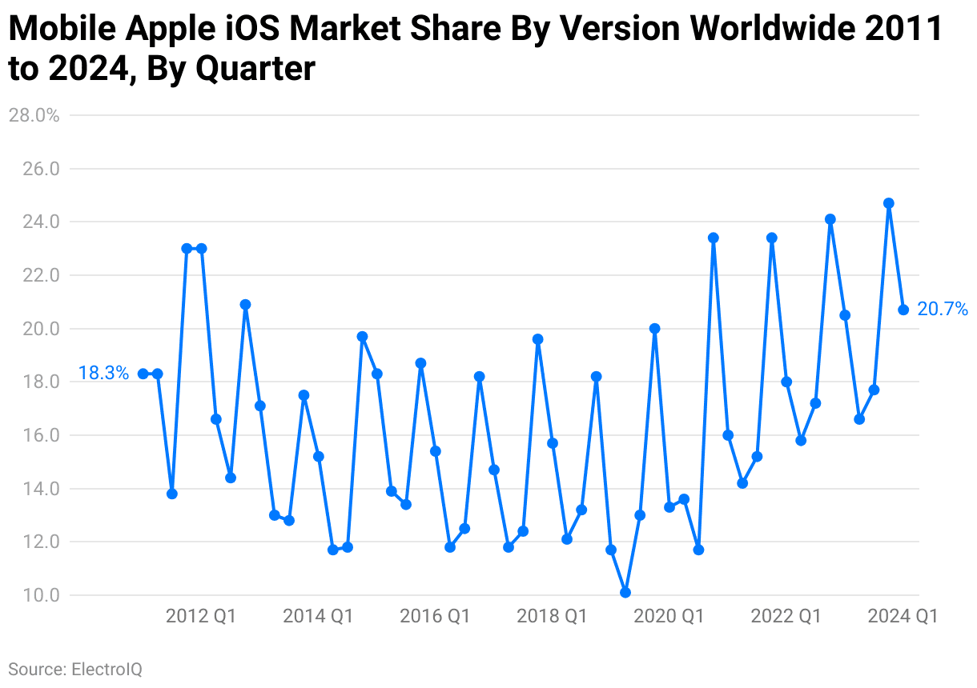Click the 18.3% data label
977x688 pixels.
click(x=103, y=373)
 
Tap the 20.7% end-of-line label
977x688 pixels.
click(x=943, y=309)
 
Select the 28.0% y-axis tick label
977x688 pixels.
click(x=34, y=115)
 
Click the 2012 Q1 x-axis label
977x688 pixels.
click(x=201, y=616)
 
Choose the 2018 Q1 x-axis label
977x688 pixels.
click(x=552, y=616)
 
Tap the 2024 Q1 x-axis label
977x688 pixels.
click(x=903, y=616)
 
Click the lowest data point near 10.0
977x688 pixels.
click(x=625, y=593)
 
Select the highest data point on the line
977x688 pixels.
click(x=889, y=203)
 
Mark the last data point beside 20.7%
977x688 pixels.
click(x=903, y=310)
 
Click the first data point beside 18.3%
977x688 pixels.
click(x=143, y=374)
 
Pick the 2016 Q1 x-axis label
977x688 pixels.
click(x=435, y=616)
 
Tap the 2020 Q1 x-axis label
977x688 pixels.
click(x=669, y=616)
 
